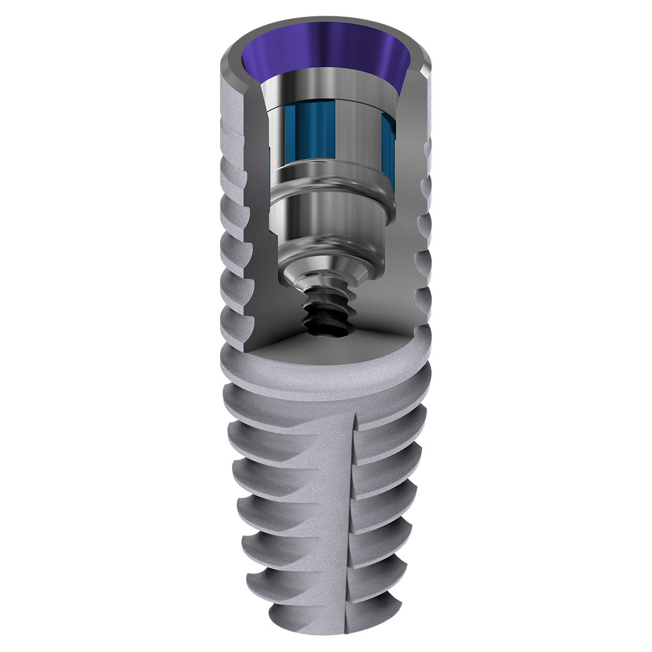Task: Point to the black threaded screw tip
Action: click(326, 310)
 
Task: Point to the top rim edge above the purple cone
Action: click(326, 20)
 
